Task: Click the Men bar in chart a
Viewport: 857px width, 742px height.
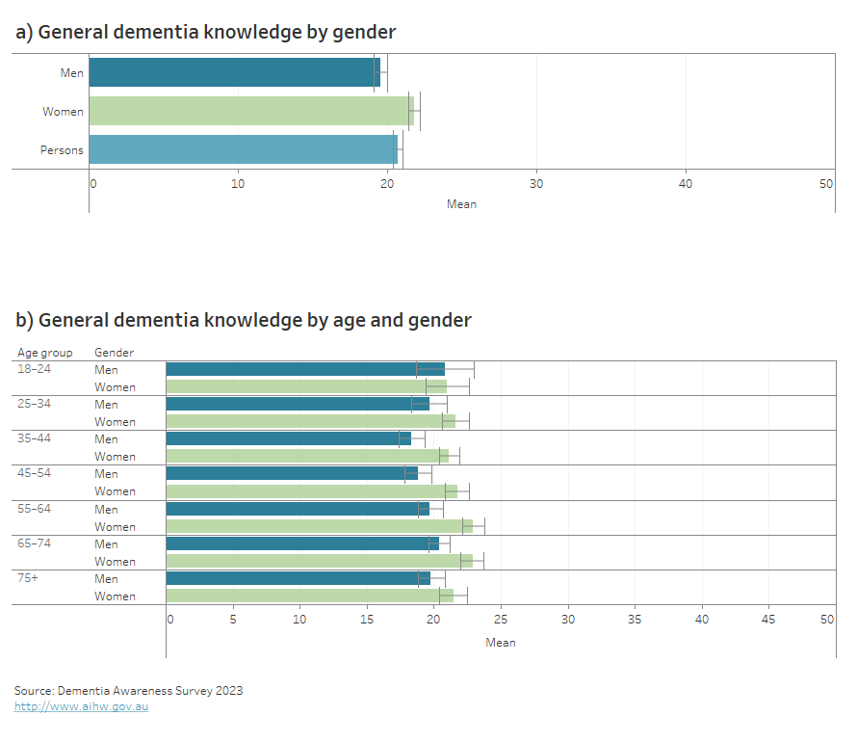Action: click(234, 72)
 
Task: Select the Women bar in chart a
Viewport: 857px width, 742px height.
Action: click(250, 111)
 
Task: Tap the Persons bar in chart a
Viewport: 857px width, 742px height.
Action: click(243, 149)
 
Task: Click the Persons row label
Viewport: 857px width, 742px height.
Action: click(62, 150)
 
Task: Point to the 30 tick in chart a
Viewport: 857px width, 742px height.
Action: click(536, 183)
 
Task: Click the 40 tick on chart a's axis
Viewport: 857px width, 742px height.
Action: click(685, 183)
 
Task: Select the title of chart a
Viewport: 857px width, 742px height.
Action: click(205, 32)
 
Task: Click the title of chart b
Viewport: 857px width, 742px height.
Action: click(243, 319)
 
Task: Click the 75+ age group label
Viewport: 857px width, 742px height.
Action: click(28, 578)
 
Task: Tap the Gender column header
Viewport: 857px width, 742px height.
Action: click(114, 353)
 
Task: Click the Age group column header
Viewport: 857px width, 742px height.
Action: click(44, 353)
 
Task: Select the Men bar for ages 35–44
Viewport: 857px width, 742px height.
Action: click(289, 438)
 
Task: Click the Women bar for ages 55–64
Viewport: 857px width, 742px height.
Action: click(319, 526)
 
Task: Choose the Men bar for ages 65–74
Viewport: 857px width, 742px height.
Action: click(302, 543)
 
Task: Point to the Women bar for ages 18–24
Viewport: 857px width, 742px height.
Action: click(306, 386)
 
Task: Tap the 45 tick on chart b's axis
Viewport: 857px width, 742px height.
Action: click(767, 619)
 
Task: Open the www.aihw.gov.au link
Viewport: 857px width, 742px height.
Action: click(81, 706)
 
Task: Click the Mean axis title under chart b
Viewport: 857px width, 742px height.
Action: click(500, 643)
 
